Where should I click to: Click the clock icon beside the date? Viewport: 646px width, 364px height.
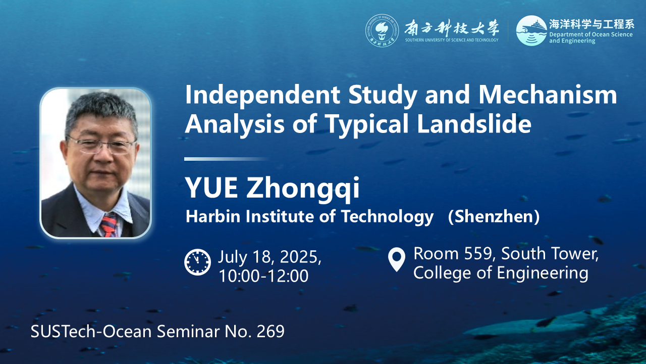pyautogui.click(x=197, y=262)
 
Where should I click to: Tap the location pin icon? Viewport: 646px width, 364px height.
pyautogui.click(x=397, y=259)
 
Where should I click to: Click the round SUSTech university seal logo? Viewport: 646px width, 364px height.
pyautogui.click(x=382, y=31)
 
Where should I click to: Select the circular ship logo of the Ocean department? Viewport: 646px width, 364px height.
pyautogui.click(x=531, y=30)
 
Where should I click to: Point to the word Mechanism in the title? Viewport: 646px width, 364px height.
pyautogui.click(x=548, y=95)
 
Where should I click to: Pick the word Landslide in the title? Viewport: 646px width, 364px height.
pyautogui.click(x=474, y=123)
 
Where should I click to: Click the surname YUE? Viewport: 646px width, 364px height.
pyautogui.click(x=211, y=187)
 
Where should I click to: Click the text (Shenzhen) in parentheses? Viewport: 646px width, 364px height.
pyautogui.click(x=494, y=216)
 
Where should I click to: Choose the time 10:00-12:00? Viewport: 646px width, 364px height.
pyautogui.click(x=263, y=276)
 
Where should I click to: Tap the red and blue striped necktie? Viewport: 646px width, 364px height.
pyautogui.click(x=109, y=225)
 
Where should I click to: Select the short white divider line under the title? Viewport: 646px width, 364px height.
pyautogui.click(x=227, y=159)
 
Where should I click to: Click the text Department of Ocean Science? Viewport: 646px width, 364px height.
pyautogui.click(x=590, y=35)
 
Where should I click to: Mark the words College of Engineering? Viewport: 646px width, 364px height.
pyautogui.click(x=501, y=273)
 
